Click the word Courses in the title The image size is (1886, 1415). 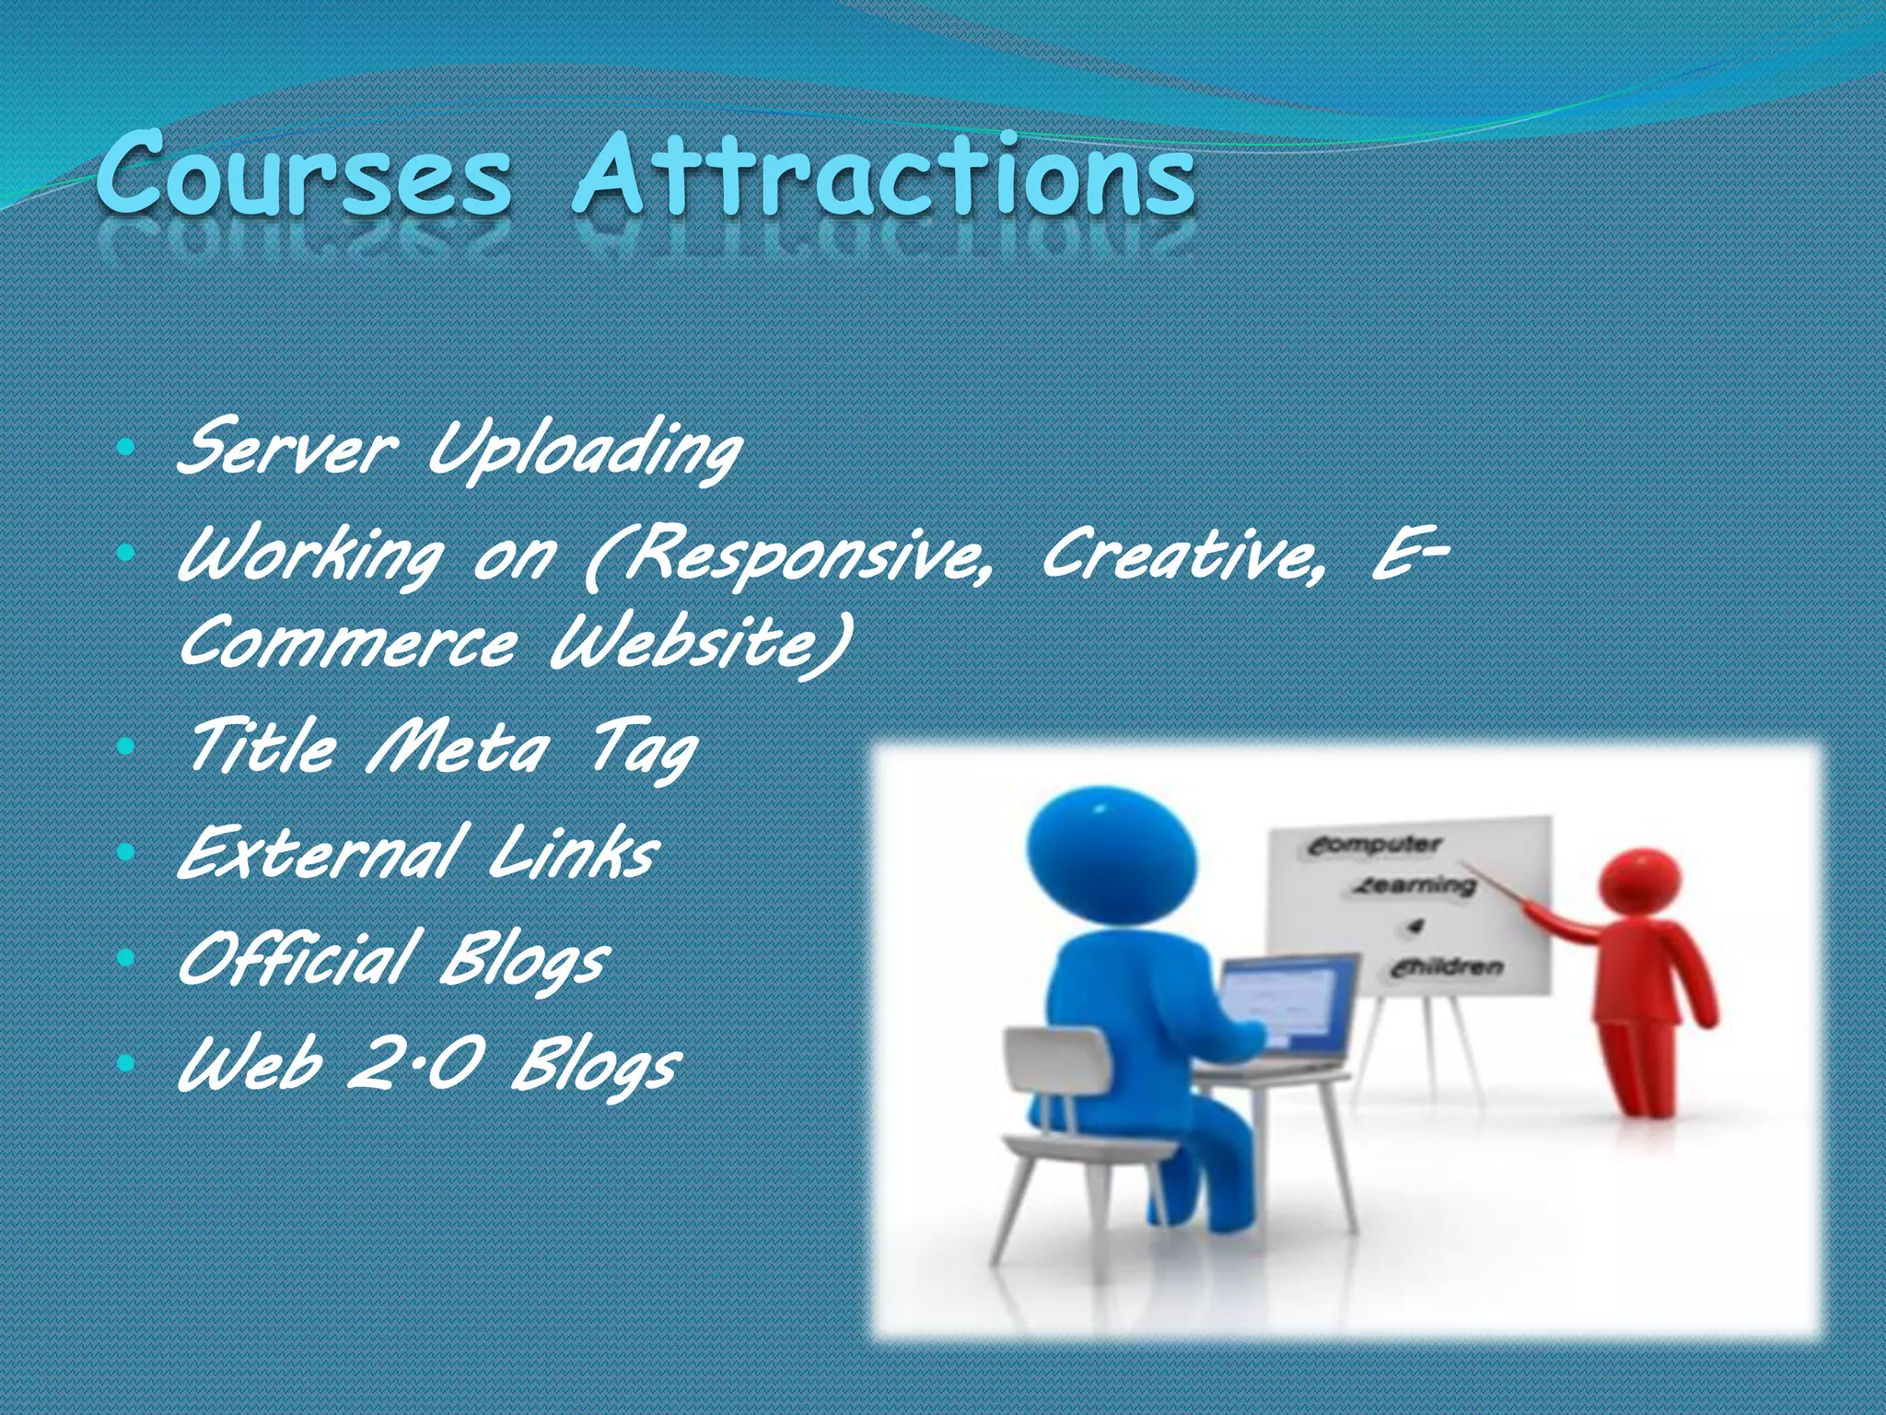304,175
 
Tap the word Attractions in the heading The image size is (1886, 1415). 884,175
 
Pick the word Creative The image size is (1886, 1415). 1183,555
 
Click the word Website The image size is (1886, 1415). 700,642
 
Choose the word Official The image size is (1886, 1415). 295,958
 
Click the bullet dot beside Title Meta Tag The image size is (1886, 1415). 127,748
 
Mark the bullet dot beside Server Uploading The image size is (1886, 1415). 127,450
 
